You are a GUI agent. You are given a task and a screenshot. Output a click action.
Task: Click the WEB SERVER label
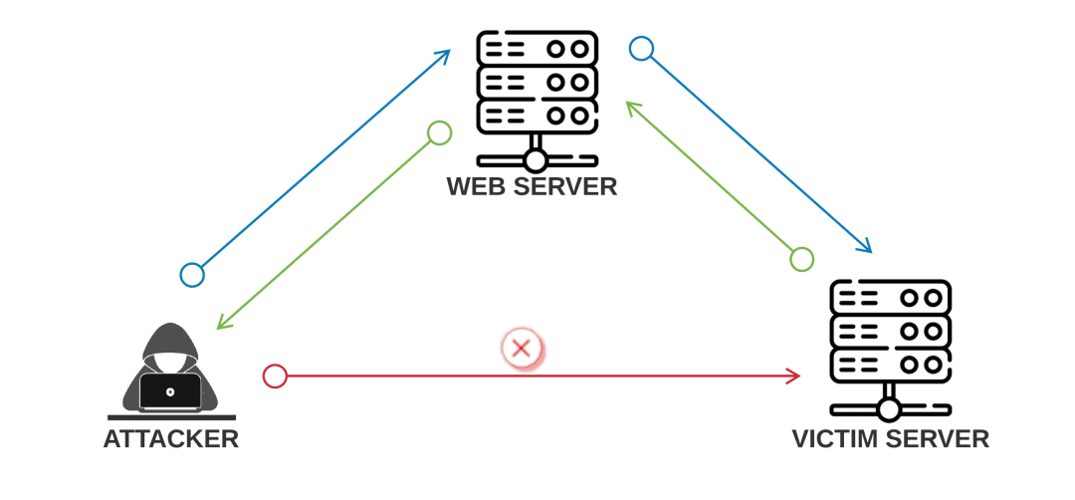click(532, 186)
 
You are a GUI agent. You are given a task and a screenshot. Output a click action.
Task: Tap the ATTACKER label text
click(171, 438)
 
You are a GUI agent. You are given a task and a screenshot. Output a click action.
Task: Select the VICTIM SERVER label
click(890, 438)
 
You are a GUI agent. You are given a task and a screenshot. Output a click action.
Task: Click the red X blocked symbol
click(522, 349)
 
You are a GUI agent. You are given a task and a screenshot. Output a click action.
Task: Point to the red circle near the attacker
click(275, 376)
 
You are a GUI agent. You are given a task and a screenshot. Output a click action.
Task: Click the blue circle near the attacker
click(192, 275)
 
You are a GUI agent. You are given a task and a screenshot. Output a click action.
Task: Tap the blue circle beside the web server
click(642, 49)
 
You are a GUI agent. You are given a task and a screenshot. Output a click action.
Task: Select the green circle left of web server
click(439, 132)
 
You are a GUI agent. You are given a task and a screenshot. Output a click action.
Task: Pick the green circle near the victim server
click(801, 259)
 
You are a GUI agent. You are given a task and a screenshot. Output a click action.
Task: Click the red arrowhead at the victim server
click(794, 376)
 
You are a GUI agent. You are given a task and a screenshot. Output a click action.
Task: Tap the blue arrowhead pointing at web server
click(444, 56)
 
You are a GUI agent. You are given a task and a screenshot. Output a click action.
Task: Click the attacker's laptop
click(170, 391)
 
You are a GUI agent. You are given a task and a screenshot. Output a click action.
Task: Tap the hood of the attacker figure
click(170, 339)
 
